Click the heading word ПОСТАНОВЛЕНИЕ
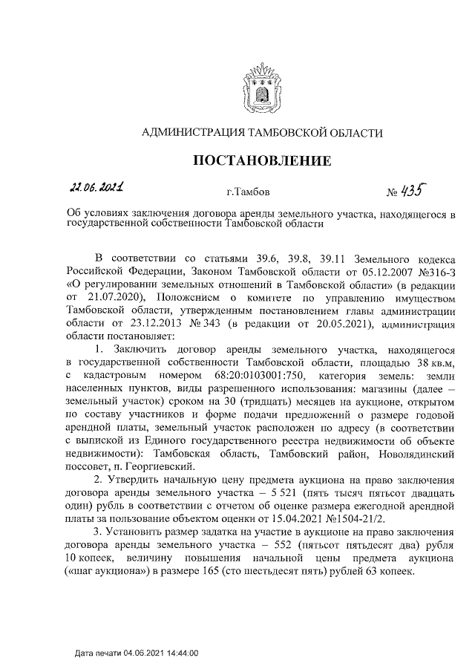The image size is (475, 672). pos(262,161)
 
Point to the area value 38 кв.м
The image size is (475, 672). pos(428,361)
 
